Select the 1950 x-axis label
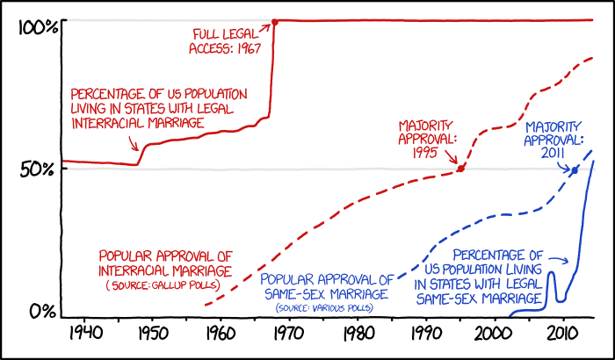point(150,334)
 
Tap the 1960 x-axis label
point(219,334)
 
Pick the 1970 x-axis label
point(288,334)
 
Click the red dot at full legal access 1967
point(274,21)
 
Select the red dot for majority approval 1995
point(461,168)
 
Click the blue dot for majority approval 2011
point(575,170)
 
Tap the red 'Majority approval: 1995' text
point(429,138)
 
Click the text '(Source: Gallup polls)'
point(163,286)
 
